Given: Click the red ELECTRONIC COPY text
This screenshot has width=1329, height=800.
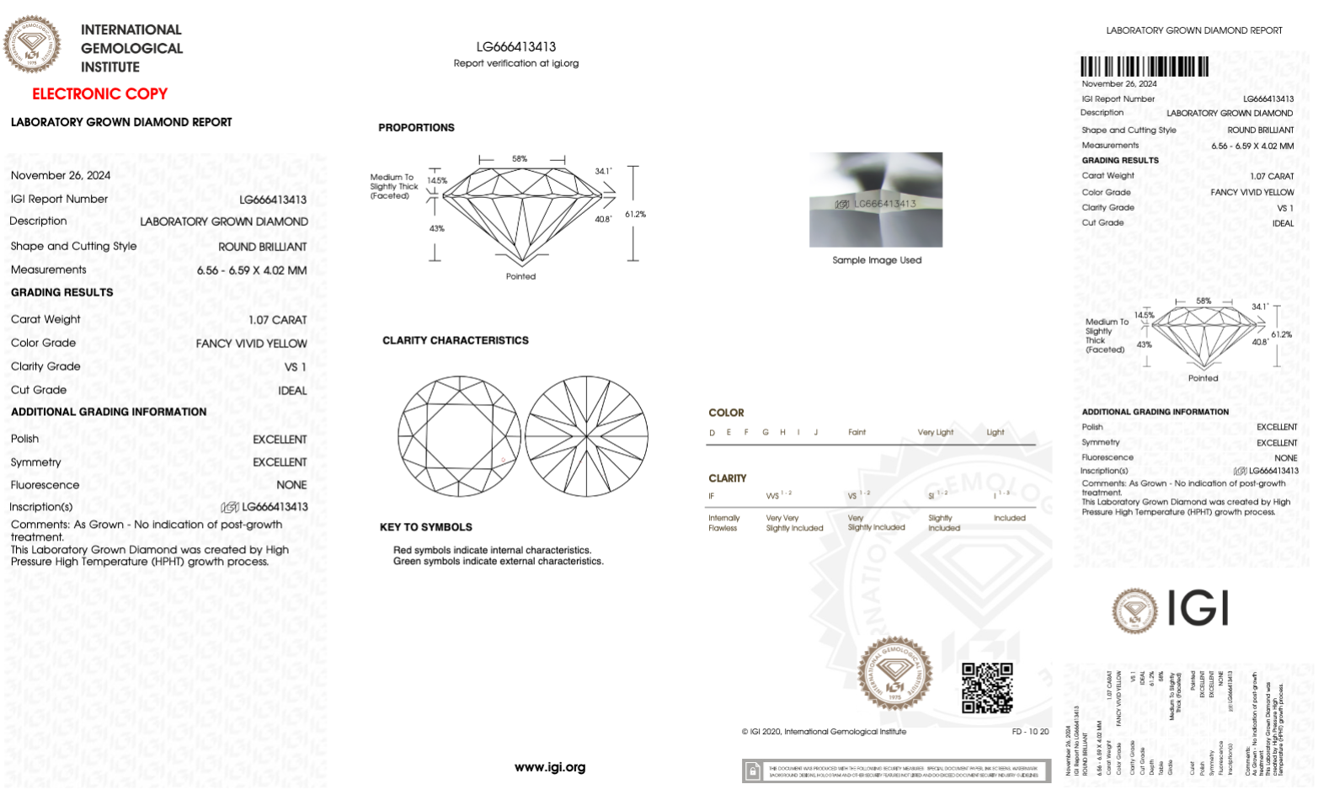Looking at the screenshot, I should (x=99, y=94).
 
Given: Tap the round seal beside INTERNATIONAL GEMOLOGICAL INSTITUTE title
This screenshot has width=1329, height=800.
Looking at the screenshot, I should (x=32, y=45).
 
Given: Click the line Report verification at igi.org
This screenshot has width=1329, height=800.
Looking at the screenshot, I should (x=515, y=63).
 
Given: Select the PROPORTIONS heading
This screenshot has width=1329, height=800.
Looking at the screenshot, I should (x=416, y=128).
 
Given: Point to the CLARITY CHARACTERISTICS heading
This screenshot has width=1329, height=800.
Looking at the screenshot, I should (x=455, y=341).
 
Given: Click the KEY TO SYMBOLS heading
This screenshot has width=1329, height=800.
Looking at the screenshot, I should (x=425, y=527).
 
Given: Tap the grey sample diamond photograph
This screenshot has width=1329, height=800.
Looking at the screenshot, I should (x=876, y=200).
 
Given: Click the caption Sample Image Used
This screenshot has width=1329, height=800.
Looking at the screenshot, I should (x=877, y=260).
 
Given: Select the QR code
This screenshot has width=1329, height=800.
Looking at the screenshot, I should (x=987, y=687).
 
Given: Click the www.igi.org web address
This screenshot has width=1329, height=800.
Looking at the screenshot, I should (x=550, y=767).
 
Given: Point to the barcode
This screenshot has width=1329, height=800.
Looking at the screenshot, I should (x=1145, y=67).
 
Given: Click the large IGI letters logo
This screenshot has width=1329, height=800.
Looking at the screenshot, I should (x=1198, y=608).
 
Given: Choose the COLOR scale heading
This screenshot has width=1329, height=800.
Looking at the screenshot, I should (x=726, y=413).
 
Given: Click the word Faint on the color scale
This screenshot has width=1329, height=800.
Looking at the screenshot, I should (x=857, y=432).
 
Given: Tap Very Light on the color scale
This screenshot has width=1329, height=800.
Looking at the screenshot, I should (x=935, y=432).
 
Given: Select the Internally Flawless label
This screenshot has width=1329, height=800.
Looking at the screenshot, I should (x=723, y=523).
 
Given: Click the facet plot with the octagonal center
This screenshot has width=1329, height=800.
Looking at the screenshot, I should (x=459, y=436).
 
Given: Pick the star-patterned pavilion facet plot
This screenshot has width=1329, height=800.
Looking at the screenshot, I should (x=587, y=436).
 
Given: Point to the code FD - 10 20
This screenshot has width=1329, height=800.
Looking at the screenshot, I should (x=1030, y=732).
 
